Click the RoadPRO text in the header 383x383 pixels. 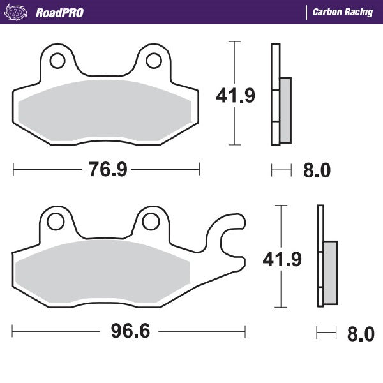point(59,12)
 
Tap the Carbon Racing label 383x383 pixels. point(342,12)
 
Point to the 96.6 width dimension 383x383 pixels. point(125,332)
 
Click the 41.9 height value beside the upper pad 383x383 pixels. point(236,96)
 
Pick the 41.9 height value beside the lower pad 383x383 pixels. point(281,259)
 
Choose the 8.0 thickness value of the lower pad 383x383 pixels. point(361,333)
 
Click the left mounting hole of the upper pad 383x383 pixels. point(57,61)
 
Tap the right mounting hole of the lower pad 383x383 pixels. point(150,222)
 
